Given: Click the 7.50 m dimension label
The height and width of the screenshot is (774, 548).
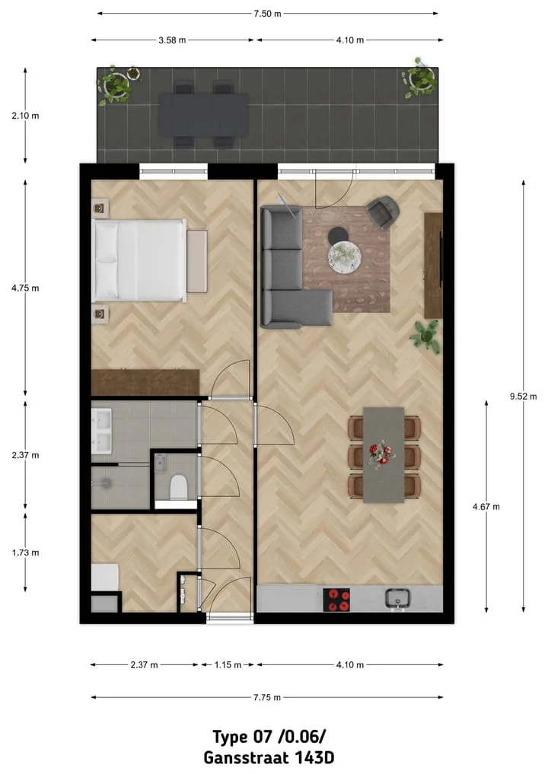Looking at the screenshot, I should pyautogui.click(x=267, y=13).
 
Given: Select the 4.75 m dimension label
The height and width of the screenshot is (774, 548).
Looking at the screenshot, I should pyautogui.click(x=26, y=288).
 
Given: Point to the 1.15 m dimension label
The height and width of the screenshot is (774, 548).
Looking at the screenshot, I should pyautogui.click(x=228, y=665).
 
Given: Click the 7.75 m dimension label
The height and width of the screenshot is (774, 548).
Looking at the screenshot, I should pyautogui.click(x=267, y=697).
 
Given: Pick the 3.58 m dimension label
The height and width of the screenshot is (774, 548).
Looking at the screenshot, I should pyautogui.click(x=172, y=40).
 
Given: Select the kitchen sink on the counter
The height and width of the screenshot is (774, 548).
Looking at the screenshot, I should pyautogui.click(x=398, y=599).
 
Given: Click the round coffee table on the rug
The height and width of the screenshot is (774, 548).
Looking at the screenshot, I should pyautogui.click(x=346, y=255).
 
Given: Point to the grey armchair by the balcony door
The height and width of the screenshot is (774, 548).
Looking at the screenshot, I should pyautogui.click(x=382, y=211).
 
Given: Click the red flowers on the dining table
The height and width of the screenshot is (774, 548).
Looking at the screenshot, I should pyautogui.click(x=381, y=454).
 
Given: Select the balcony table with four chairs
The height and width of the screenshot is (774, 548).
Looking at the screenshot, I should pyautogui.click(x=203, y=115).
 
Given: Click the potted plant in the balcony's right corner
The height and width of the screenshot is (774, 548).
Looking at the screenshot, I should pyautogui.click(x=419, y=78).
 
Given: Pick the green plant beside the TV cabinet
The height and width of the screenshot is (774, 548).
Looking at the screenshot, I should pyautogui.click(x=426, y=335).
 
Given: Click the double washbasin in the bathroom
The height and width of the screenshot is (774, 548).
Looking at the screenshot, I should pyautogui.click(x=101, y=430).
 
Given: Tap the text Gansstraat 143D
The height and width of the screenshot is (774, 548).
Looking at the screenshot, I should pyautogui.click(x=269, y=758).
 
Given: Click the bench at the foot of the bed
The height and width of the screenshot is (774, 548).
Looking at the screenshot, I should pyautogui.click(x=197, y=260).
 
